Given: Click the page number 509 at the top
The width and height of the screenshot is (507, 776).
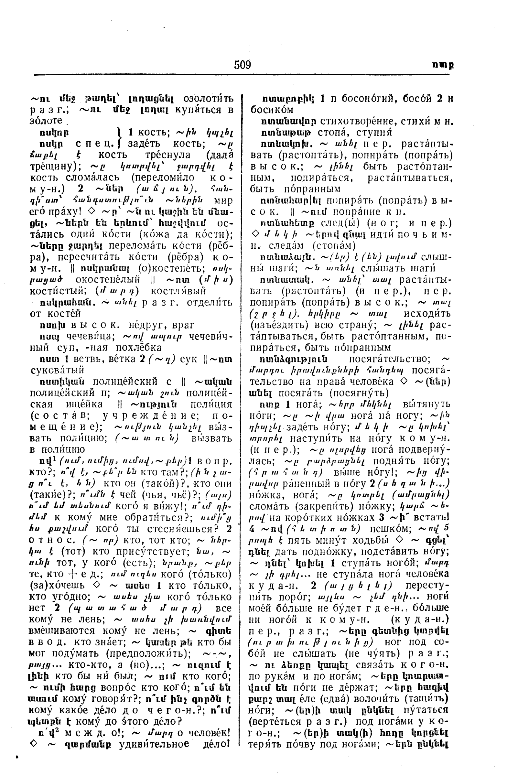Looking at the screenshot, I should pos(242,65).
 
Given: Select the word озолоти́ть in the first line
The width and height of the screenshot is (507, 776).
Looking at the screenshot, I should pos(208,98).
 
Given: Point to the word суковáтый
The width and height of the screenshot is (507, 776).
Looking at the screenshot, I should pos(57,370).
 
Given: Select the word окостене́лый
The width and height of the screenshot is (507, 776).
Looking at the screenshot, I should pos(108,279).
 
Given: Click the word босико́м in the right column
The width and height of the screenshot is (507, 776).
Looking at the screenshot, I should pos(272,110).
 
